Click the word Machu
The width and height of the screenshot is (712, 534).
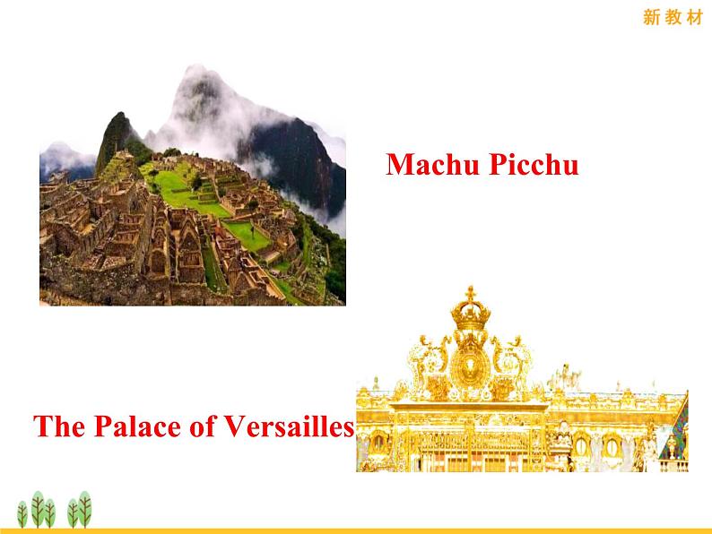433,164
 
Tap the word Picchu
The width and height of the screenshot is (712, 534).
534,164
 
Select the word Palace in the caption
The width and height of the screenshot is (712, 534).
137,426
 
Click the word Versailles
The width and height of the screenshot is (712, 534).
290,426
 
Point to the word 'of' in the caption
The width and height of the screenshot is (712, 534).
202,426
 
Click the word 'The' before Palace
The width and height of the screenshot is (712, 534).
59,426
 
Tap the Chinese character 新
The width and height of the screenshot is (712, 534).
651,17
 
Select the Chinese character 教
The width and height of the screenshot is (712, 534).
673,17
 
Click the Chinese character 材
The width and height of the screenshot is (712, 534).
695,17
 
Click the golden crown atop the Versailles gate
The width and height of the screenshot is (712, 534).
471,314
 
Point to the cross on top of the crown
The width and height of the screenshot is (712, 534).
471,293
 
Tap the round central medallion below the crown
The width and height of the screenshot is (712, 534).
471,367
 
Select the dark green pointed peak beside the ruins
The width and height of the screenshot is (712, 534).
115,136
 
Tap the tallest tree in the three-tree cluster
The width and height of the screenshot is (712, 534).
39,509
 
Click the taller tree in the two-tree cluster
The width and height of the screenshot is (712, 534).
84,509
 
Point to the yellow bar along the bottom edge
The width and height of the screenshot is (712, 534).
356,530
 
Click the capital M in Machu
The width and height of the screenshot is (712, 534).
399,164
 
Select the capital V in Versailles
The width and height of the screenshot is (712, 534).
237,426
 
